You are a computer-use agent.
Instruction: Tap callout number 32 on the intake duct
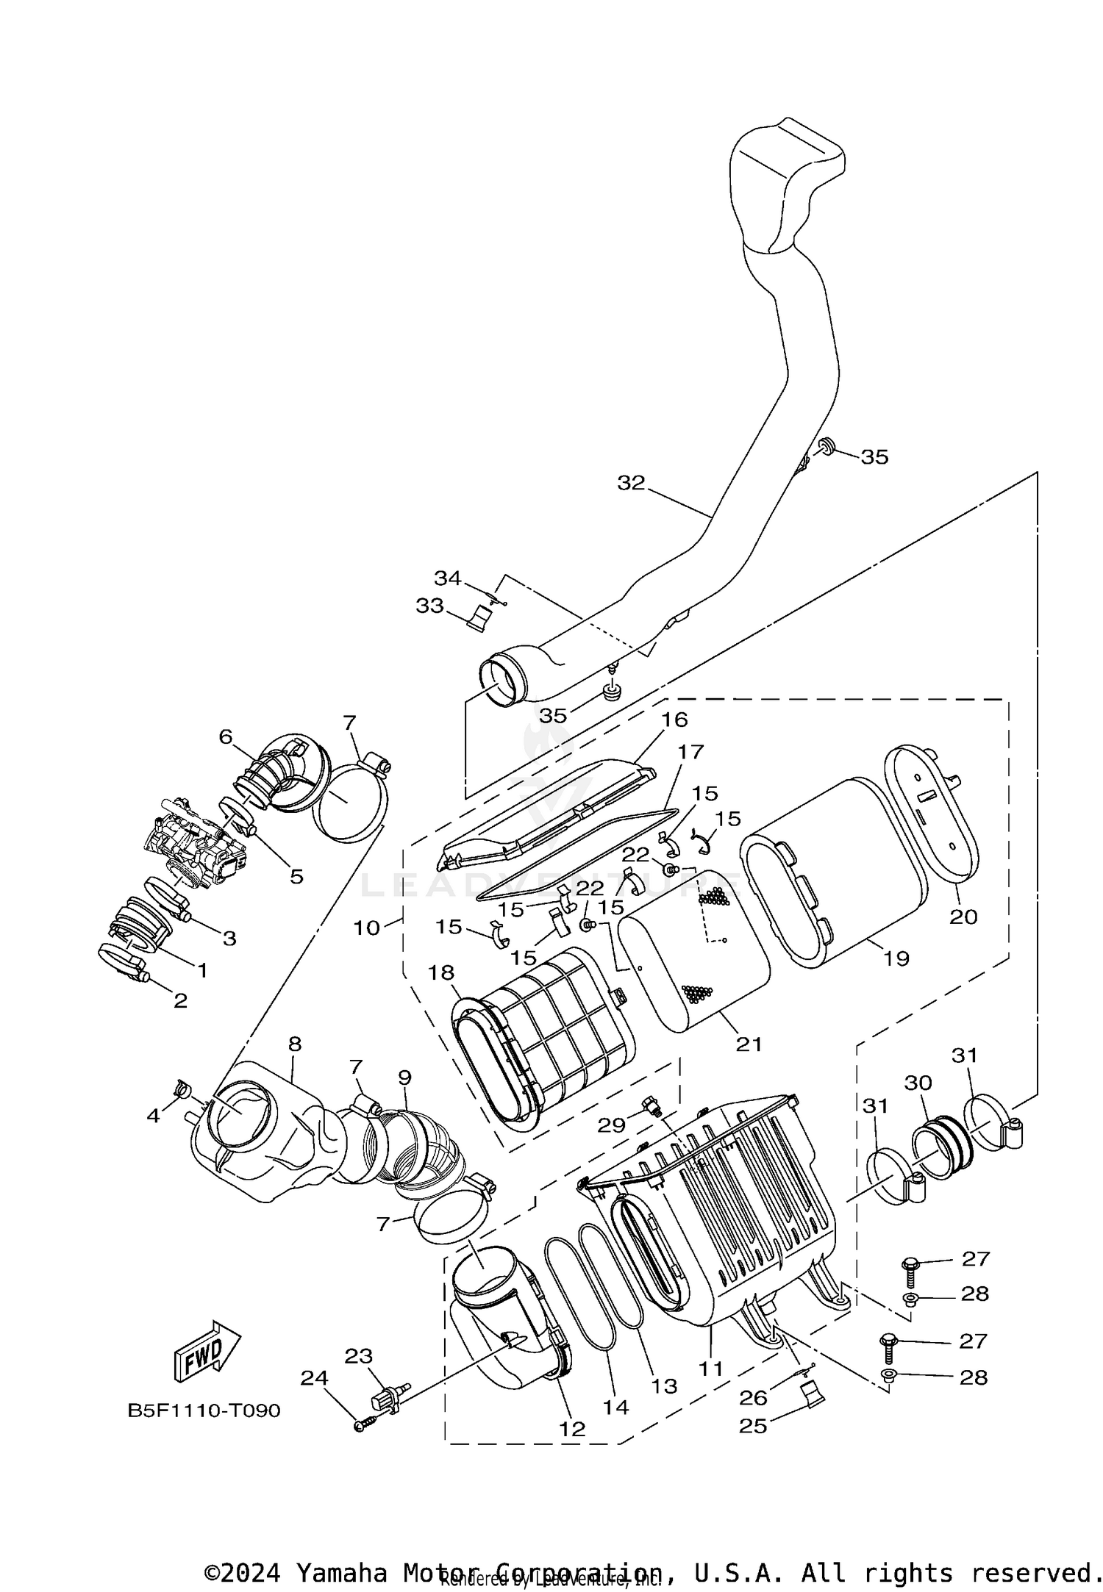pos(631,483)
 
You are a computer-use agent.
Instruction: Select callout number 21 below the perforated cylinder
pos(749,1044)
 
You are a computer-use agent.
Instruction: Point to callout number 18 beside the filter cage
pos(441,973)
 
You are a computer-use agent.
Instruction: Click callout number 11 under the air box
pos(712,1369)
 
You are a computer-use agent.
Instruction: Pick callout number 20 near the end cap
pos(963,917)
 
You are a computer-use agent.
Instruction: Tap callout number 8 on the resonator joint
pos(295,1044)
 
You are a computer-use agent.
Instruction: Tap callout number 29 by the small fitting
pos(612,1125)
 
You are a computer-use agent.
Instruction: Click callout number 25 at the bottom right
pos(754,1426)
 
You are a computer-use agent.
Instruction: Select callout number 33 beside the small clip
pos(430,606)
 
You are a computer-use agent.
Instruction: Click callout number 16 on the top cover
pos(674,720)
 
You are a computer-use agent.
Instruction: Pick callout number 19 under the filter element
pos(896,958)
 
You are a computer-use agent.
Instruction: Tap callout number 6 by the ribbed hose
pos(226,736)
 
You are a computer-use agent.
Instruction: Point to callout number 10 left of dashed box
pos(367,928)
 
